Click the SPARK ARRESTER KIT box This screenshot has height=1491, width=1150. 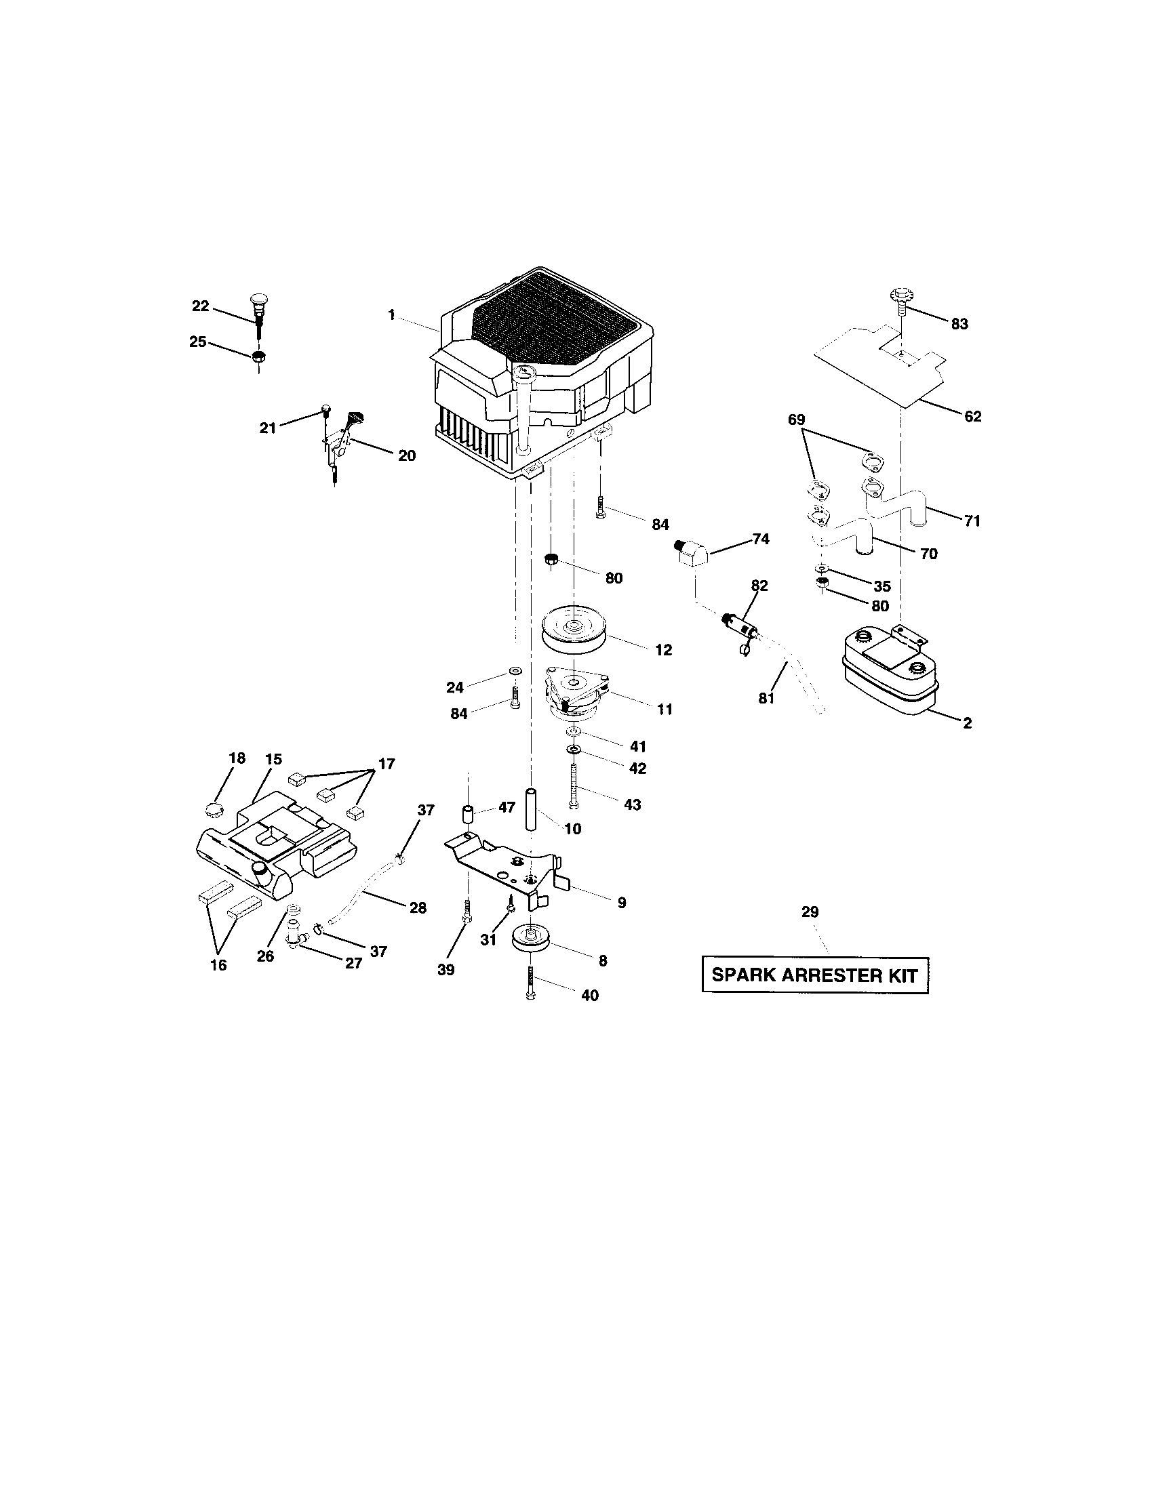click(815, 974)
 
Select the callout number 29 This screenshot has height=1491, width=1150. click(810, 912)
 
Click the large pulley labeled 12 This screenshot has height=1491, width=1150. click(574, 628)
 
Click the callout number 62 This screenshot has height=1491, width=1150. click(972, 416)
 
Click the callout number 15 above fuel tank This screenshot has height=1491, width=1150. click(273, 759)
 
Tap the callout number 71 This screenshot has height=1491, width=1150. click(972, 521)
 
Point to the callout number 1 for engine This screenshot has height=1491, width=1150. click(391, 314)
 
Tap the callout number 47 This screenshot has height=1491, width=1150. click(506, 808)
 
